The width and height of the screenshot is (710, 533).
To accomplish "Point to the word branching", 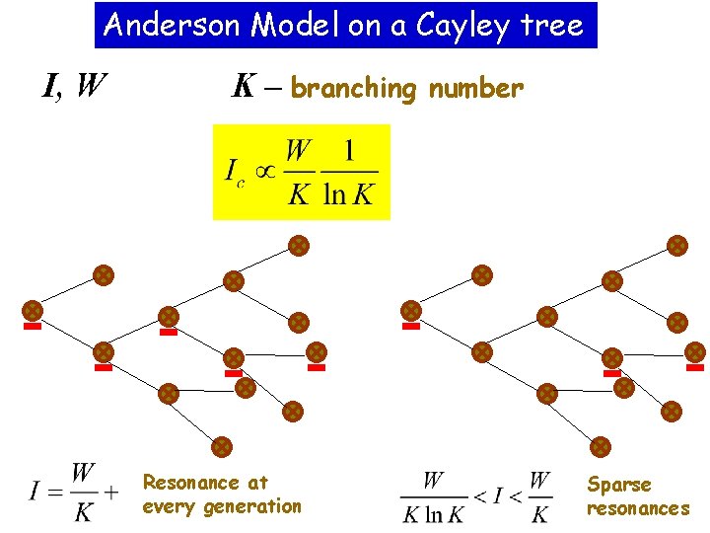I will pos(354,89).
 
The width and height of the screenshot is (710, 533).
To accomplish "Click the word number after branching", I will pos(474,89).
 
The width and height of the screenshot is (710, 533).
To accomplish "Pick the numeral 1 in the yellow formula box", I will pos(349,153).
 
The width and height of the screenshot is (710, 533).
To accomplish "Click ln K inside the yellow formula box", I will pos(349,194).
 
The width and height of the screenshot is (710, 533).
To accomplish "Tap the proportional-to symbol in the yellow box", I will pos(265,172).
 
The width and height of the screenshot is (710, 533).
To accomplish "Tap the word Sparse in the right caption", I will pos(619,485).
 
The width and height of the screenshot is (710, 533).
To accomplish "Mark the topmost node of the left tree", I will pos(298,245).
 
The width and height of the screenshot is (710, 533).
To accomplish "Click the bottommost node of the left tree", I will pos(222,446).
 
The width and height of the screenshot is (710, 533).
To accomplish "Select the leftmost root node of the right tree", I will pos(410,310).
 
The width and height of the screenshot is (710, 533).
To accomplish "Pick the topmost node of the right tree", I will pos(676,245).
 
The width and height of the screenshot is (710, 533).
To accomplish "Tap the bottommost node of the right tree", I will pos(601,446).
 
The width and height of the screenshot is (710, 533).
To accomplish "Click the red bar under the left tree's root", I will pos(33,326).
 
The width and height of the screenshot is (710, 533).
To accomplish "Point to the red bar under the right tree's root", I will pos(410,326).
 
